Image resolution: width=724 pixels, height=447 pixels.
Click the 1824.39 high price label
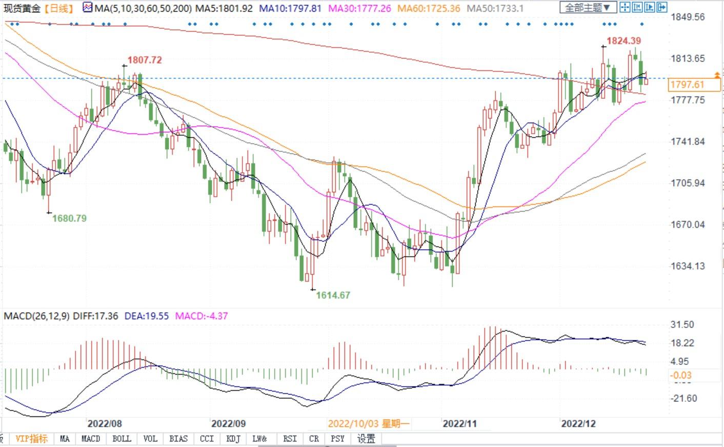coord(624,40)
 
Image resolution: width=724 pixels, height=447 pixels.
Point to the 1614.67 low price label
coord(333,295)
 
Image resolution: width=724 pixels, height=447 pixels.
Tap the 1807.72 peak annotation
coord(145,60)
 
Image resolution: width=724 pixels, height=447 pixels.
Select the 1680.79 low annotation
coord(69,218)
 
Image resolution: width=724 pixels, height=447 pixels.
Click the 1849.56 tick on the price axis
coord(688,17)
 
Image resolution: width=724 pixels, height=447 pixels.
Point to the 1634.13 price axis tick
coord(688,266)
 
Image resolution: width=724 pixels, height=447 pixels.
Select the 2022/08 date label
coord(105,423)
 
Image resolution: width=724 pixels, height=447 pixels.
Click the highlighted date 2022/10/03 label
coord(368,423)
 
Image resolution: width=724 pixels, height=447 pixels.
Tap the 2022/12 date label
coord(578,423)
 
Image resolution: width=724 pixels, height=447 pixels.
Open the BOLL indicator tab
coord(122,439)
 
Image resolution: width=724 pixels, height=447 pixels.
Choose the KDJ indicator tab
coord(233,439)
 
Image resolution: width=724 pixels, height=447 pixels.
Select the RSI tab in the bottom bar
coord(290,439)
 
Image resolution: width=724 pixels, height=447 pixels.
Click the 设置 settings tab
coord(366,439)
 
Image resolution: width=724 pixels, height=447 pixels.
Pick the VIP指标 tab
coord(31,439)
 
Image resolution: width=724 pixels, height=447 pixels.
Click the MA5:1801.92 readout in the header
coord(225,8)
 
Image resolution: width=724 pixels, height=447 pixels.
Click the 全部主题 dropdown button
coord(588,8)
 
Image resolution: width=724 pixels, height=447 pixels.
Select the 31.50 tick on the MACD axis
coord(682,324)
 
